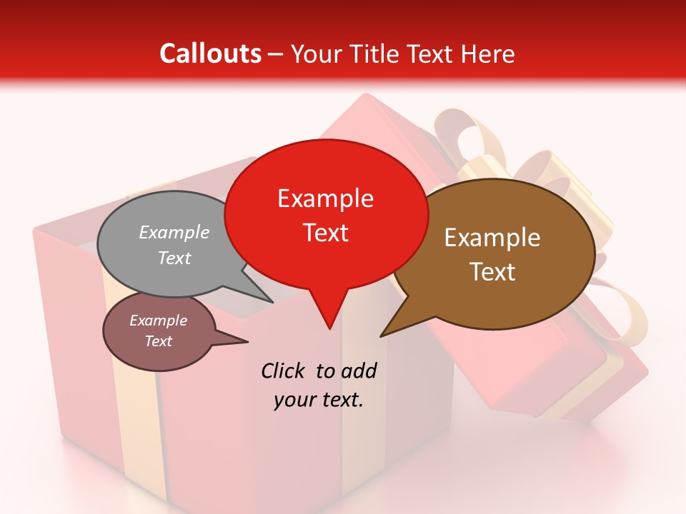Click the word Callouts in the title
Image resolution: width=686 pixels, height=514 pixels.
point(210,54)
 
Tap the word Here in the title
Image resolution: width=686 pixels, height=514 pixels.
point(485,54)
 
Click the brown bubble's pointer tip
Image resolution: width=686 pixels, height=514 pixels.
point(381,336)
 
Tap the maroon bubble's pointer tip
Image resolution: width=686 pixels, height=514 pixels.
point(247,342)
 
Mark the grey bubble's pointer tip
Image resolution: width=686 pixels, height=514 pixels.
point(273,302)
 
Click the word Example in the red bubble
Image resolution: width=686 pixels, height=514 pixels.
point(326,198)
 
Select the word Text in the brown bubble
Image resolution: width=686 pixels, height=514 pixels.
point(492,272)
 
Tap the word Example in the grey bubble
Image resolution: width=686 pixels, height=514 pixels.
point(174,233)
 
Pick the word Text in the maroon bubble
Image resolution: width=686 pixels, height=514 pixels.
point(159,341)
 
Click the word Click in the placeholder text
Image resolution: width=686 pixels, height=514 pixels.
point(285,371)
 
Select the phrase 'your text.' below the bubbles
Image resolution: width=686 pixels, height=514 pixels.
point(319,400)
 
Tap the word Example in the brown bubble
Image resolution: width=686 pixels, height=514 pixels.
point(492,238)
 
